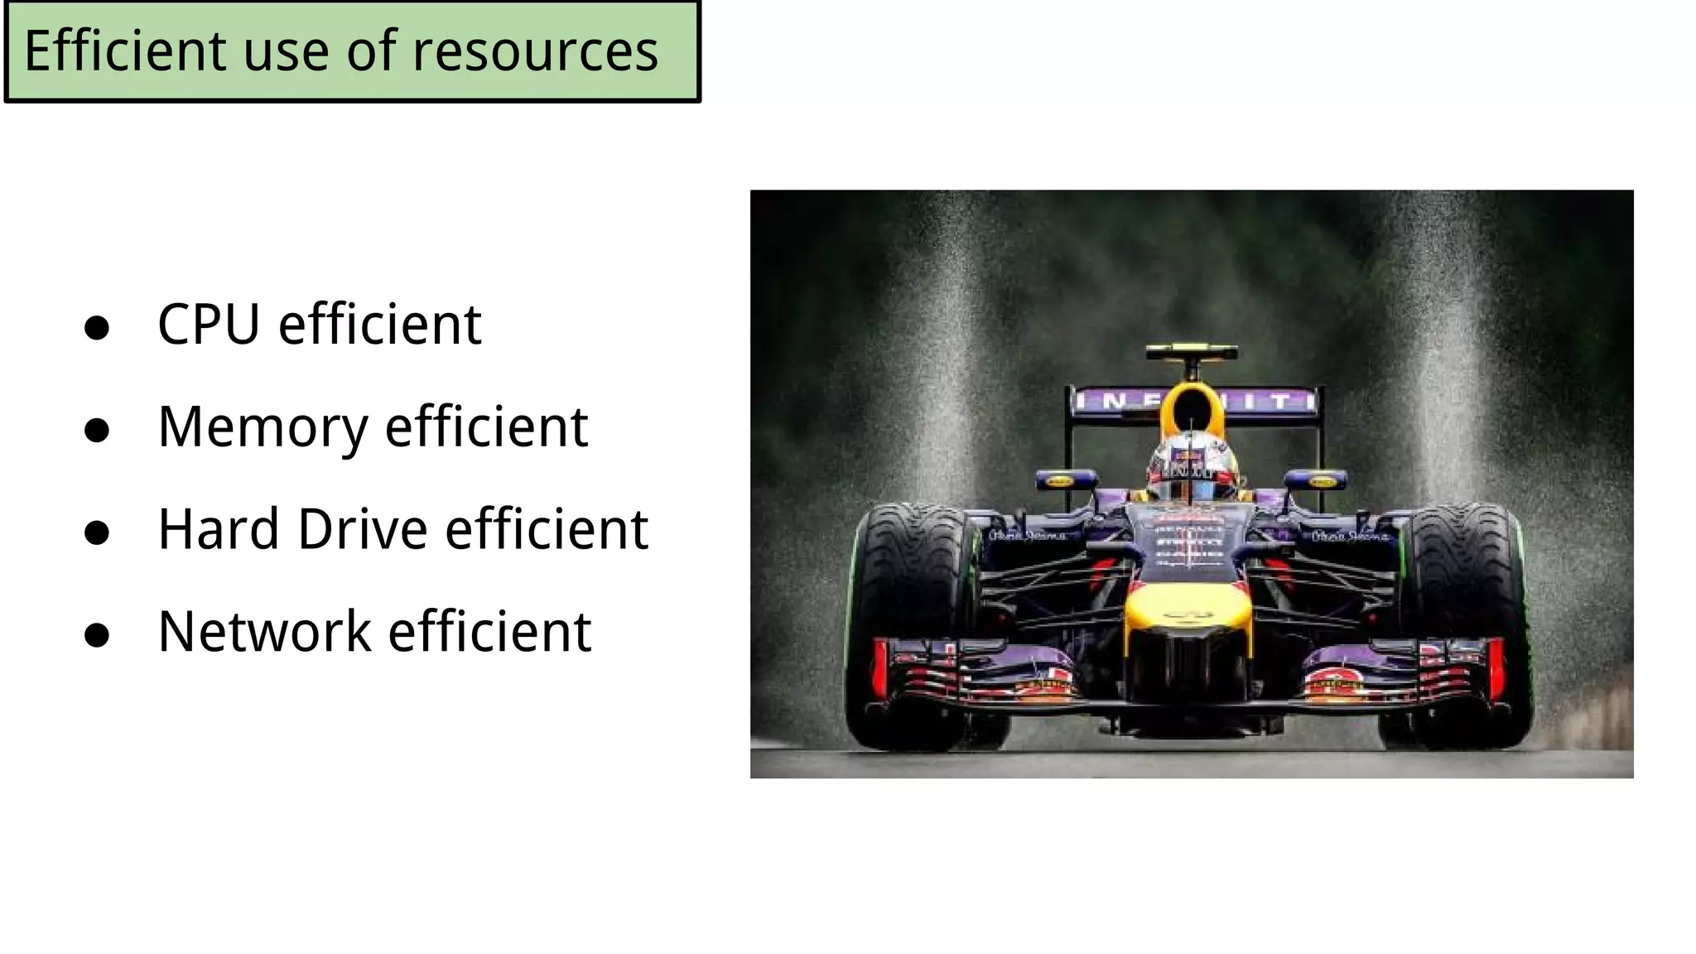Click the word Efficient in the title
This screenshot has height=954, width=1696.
(x=125, y=51)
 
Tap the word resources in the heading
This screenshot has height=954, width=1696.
(x=535, y=51)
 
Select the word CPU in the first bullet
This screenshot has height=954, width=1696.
(x=209, y=324)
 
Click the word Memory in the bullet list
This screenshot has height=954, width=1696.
(x=263, y=427)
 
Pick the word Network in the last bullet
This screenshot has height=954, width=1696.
(x=264, y=632)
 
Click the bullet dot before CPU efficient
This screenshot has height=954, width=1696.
(x=97, y=327)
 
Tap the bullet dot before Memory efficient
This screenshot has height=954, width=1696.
(x=97, y=430)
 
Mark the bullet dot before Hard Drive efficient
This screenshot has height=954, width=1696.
(x=97, y=532)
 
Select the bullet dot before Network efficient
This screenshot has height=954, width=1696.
(x=97, y=635)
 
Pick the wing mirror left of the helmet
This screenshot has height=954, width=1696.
(x=1064, y=479)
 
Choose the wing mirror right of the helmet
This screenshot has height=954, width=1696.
(x=1316, y=479)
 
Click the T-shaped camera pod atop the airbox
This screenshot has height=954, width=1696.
(x=1192, y=354)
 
